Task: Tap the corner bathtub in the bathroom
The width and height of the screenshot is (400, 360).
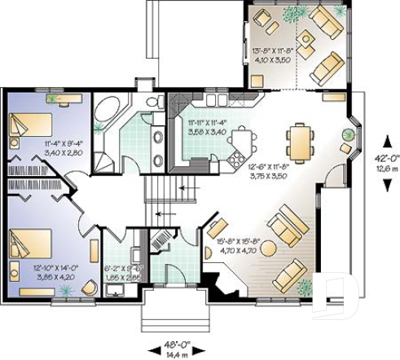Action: pos(107,115)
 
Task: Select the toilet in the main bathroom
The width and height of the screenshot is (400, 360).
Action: pos(151,102)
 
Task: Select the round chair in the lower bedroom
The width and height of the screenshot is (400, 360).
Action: pos(13,272)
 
